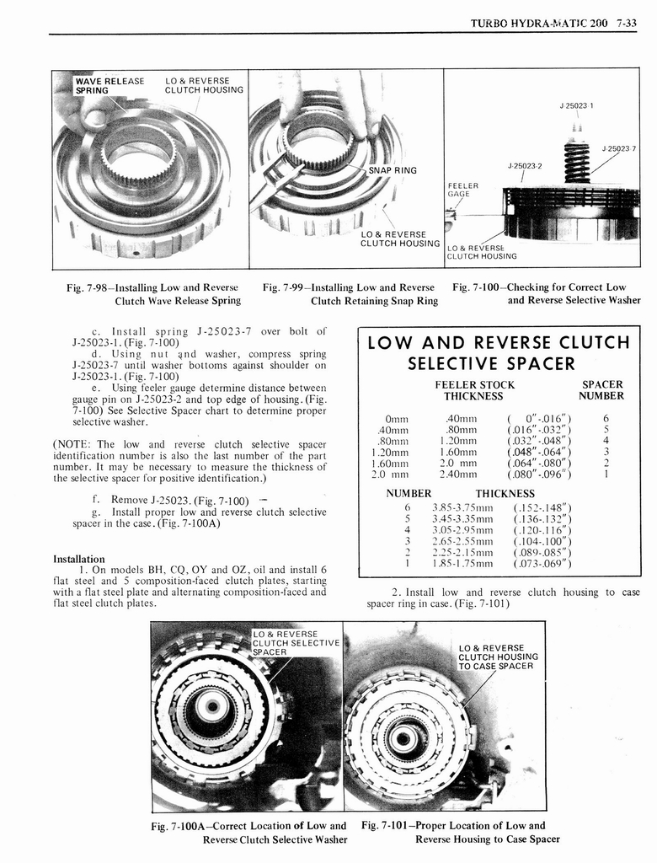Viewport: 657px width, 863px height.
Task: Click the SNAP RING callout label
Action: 393,170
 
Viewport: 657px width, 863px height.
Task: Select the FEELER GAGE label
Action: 462,189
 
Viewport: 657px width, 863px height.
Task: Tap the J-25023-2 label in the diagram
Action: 525,165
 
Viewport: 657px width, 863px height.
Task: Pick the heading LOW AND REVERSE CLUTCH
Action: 494,342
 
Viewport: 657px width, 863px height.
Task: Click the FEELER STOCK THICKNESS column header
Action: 473,390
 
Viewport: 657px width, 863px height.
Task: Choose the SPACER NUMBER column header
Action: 602,390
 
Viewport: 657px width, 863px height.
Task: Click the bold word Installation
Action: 79,559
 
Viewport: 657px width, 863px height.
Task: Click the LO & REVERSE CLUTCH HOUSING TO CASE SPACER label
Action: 498,657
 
